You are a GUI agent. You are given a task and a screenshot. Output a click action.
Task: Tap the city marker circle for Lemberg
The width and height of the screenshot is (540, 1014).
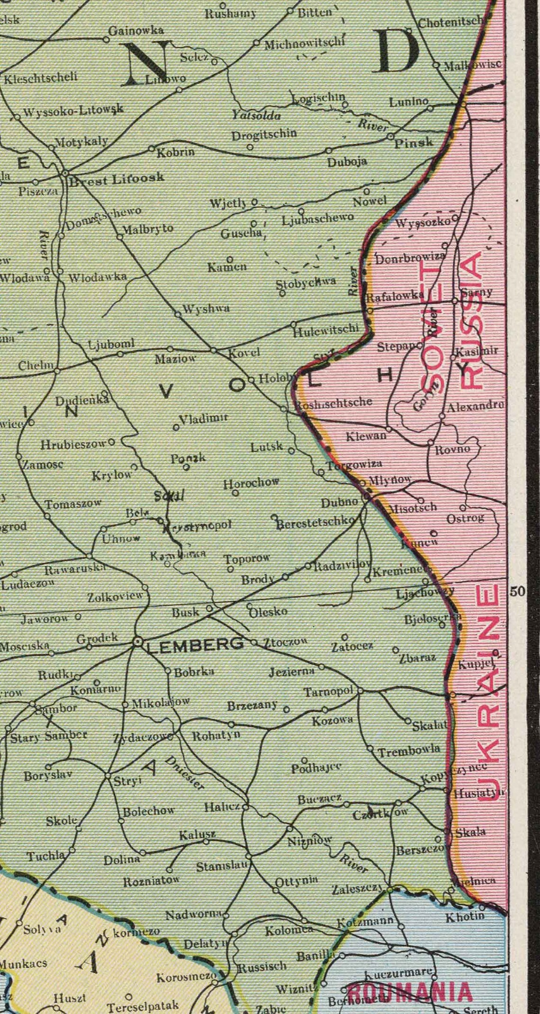pos(138,642)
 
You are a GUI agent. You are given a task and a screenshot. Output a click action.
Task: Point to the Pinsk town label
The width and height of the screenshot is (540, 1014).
pos(414,142)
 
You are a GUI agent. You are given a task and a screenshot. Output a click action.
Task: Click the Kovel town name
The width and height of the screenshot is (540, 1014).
pos(244,353)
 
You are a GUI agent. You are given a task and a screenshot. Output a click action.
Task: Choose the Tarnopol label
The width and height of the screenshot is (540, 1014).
pos(328,692)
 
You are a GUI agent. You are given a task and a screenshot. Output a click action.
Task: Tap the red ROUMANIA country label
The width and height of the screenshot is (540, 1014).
pos(410,992)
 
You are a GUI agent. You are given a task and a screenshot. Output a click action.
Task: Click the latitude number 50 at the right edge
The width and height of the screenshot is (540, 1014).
pos(518,591)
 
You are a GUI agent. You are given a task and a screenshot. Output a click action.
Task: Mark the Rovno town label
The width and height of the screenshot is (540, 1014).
pos(452,449)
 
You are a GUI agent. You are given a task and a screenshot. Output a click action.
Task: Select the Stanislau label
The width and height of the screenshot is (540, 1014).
pos(222,867)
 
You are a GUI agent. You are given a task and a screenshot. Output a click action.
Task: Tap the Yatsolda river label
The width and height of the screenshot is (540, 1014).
pos(256,115)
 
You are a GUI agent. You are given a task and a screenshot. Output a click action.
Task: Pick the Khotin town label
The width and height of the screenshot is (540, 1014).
pos(465,916)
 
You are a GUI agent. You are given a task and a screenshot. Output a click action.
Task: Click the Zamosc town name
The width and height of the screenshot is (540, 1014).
pos(43,464)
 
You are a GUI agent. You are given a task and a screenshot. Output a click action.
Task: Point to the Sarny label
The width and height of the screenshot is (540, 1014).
pos(477,292)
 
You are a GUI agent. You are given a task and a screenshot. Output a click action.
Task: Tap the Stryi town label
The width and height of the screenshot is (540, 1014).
pos(127,781)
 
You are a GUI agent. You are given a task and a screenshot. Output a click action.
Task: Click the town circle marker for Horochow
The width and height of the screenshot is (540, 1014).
pos(235,493)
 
